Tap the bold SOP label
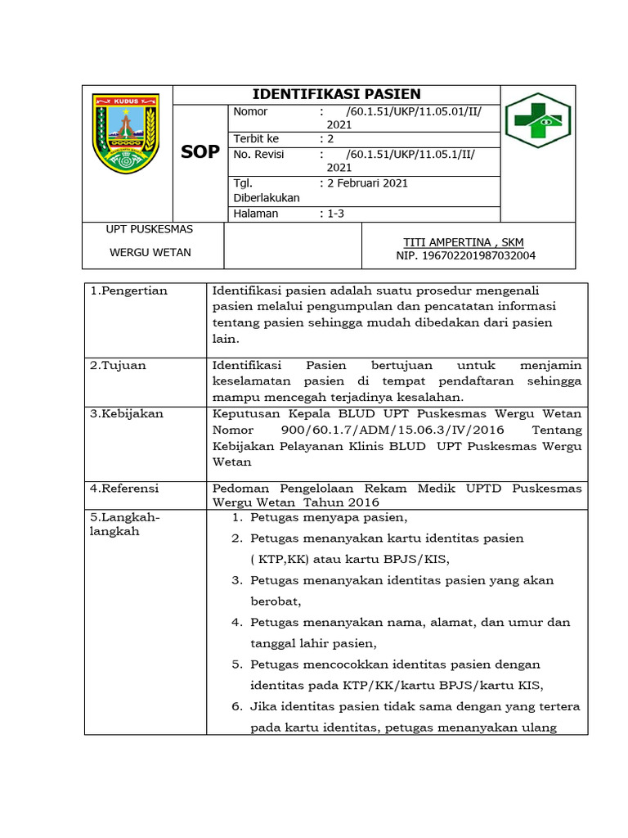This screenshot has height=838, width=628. tap(200, 152)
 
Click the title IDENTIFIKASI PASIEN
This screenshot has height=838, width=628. tap(336, 94)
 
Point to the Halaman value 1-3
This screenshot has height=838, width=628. tap(336, 214)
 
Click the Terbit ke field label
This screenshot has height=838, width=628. tap(256, 139)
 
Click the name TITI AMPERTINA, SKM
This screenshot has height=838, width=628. tap(464, 242)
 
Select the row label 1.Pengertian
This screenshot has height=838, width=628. tap(128, 291)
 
